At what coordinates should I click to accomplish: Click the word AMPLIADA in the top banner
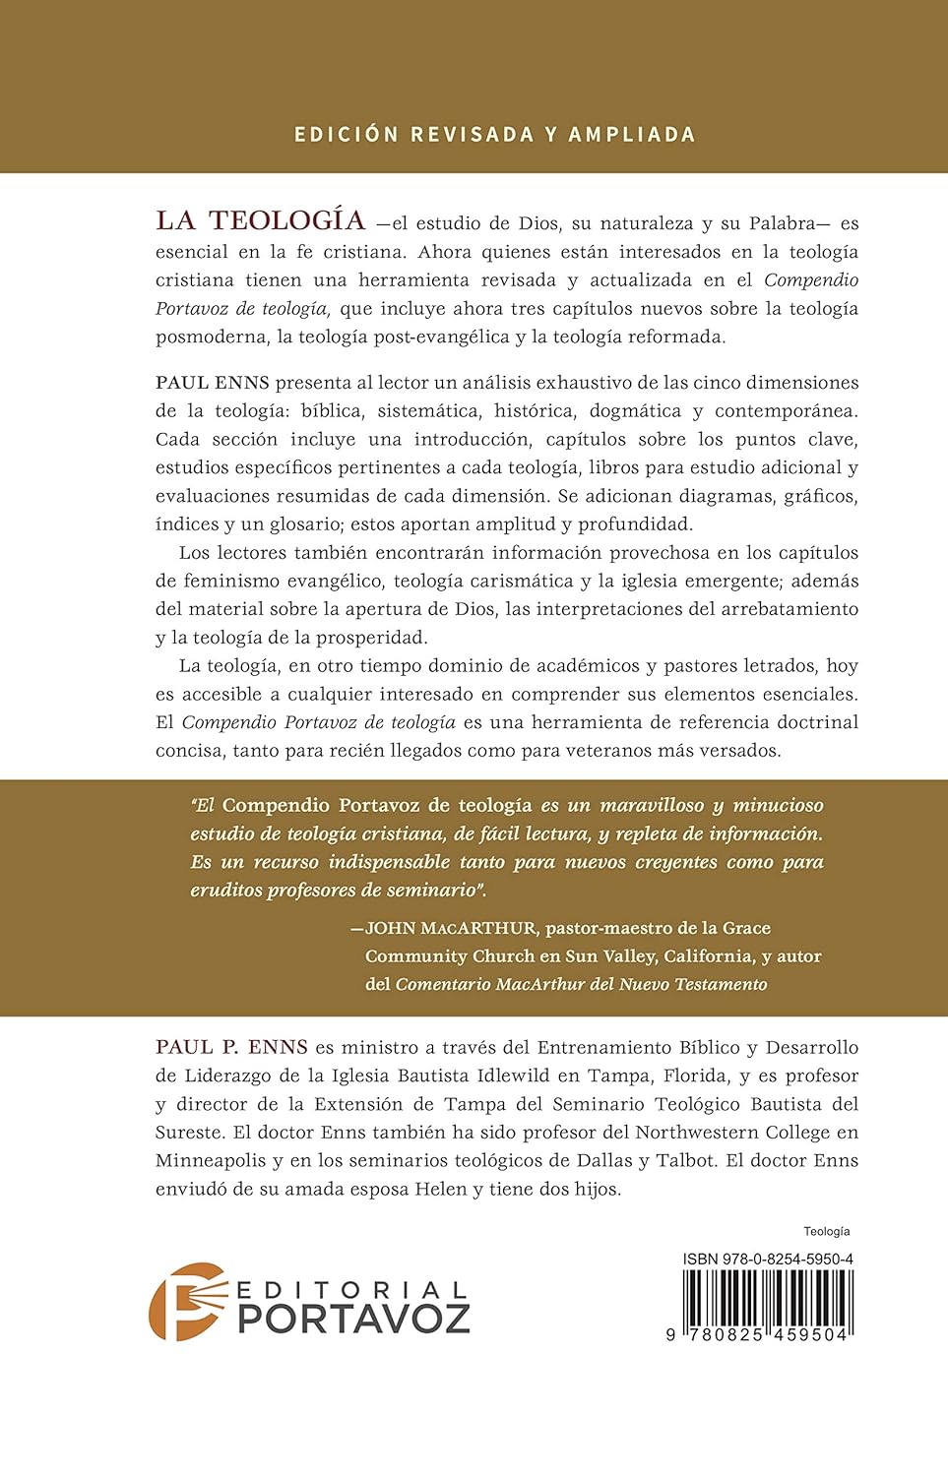(x=632, y=135)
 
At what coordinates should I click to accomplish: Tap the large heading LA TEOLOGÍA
(x=261, y=220)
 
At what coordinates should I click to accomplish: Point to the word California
(x=708, y=955)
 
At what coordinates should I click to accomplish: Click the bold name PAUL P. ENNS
(x=231, y=1047)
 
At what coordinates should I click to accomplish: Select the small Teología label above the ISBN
(x=827, y=1232)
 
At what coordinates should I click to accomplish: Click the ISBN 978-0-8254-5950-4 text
(x=768, y=1260)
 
